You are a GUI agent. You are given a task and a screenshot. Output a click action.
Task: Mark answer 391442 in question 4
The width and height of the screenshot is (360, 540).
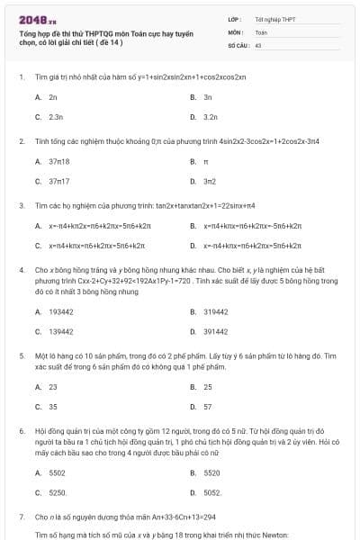pyautogui.click(x=216, y=331)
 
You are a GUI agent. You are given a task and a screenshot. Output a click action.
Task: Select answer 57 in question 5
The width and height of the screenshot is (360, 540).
pyautogui.click(x=208, y=406)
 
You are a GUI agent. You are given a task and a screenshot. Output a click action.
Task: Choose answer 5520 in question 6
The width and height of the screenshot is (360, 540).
pyautogui.click(x=211, y=472)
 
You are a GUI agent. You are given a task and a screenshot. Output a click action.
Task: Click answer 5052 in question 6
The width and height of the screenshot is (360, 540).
pyautogui.click(x=212, y=492)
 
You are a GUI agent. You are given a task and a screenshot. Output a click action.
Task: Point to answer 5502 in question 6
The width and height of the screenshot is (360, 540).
pyautogui.click(x=57, y=472)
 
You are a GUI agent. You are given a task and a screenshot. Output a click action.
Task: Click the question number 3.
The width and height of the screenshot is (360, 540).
pyautogui.click(x=21, y=205)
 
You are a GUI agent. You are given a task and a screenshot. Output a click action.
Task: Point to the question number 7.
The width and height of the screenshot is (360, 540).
pyautogui.click(x=21, y=517)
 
